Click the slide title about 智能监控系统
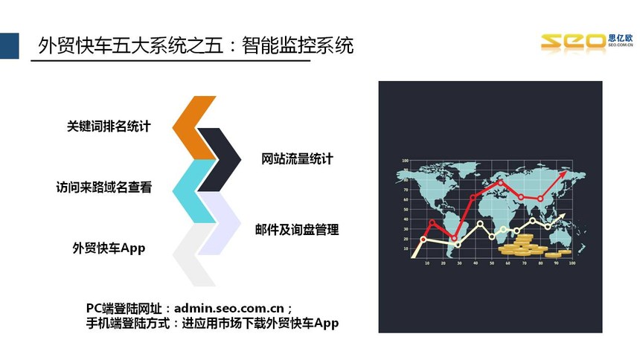(x=196, y=45)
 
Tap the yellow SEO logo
(x=573, y=42)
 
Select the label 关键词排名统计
(x=109, y=126)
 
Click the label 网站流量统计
(x=297, y=158)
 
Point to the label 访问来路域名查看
(x=104, y=187)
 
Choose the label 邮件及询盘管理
(x=297, y=229)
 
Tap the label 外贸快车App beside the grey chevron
(x=109, y=248)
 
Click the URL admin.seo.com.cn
(x=229, y=308)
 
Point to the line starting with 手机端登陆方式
(x=212, y=324)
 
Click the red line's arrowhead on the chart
(x=563, y=174)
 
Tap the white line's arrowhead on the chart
(x=562, y=215)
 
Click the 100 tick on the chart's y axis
(x=405, y=161)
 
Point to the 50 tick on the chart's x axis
(x=492, y=263)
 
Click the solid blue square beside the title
(x=10, y=45)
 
